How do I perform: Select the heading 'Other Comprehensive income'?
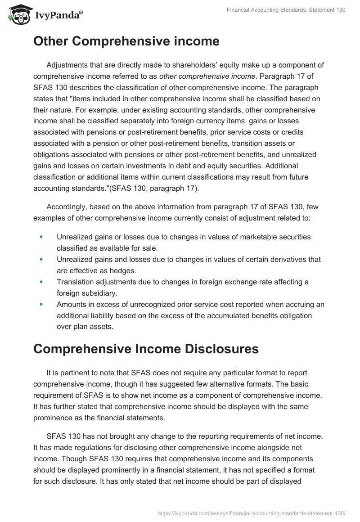click(x=126, y=41)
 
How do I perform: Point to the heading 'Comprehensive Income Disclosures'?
click(x=146, y=349)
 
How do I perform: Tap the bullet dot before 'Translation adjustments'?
click(x=41, y=282)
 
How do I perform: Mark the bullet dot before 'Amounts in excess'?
click(x=41, y=305)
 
